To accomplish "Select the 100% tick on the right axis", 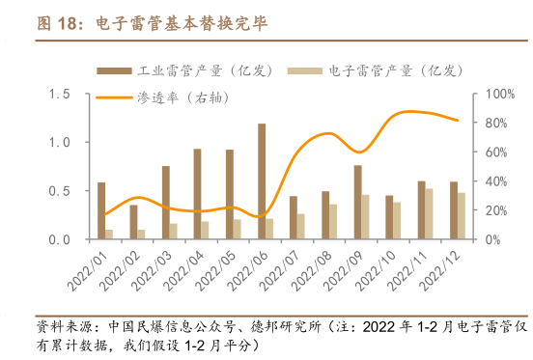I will (487, 94).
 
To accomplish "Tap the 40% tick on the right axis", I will (484, 180).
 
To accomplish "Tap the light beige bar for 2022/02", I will (141, 234).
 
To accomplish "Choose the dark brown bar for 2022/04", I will (197, 193).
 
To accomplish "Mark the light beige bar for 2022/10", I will (397, 220).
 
